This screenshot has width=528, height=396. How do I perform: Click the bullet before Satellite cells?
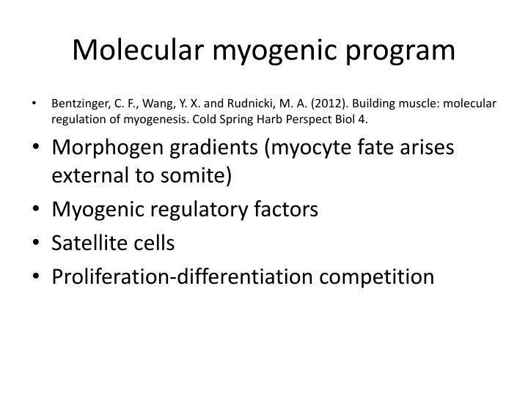pos(37,244)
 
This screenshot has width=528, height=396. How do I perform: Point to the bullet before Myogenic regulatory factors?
pos(37,210)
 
